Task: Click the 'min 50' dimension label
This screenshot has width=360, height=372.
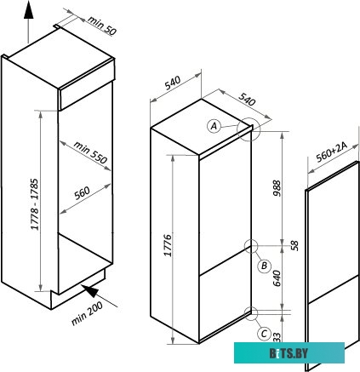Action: tap(102, 26)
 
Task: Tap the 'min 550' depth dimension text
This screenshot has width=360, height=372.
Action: tap(90, 152)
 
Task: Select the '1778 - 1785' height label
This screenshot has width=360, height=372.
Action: tap(34, 204)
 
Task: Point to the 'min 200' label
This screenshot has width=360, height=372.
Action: tap(87, 313)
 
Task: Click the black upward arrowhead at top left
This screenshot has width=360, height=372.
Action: tap(28, 12)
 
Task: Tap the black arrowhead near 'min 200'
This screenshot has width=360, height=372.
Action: tap(90, 290)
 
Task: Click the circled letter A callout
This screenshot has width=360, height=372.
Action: tap(214, 125)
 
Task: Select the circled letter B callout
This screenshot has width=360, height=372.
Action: tap(264, 266)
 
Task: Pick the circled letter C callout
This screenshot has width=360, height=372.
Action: tap(264, 333)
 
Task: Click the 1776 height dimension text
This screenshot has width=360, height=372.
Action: tap(168, 245)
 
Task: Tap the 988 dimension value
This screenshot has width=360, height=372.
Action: tap(277, 188)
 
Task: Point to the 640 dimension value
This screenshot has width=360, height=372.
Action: tap(277, 278)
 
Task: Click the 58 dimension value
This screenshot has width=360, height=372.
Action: tap(294, 245)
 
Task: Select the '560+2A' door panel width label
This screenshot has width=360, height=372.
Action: tap(331, 152)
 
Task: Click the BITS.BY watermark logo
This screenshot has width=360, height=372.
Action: tap(289, 352)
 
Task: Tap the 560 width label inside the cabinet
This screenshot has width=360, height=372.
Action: tap(83, 193)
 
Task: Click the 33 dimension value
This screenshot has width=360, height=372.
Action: tap(277, 337)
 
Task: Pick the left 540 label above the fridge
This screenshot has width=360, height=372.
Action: tap(173, 83)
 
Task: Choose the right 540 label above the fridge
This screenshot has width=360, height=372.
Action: tap(247, 100)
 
